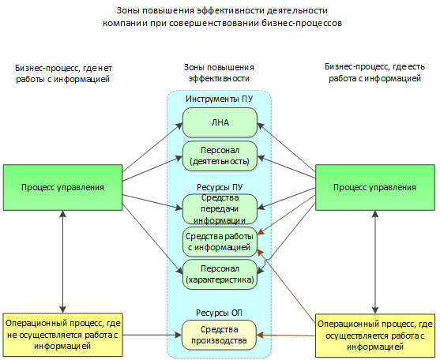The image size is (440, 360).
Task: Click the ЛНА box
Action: pyautogui.click(x=220, y=122)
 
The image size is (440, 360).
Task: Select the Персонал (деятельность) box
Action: pyautogui.click(x=220, y=155)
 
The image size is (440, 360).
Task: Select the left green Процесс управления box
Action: pyautogui.click(x=62, y=187)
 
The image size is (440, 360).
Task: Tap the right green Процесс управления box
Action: pyautogui.click(x=374, y=187)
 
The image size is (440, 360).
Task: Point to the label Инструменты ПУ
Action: pyautogui.click(x=220, y=99)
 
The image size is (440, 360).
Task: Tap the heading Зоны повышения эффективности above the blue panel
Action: pyautogui.click(x=220, y=73)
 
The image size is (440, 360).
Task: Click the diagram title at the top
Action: pyautogui.click(x=220, y=17)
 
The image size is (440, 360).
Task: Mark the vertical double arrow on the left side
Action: pyautogui.click(x=62, y=261)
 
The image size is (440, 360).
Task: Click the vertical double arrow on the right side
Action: pyautogui.click(x=374, y=261)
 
